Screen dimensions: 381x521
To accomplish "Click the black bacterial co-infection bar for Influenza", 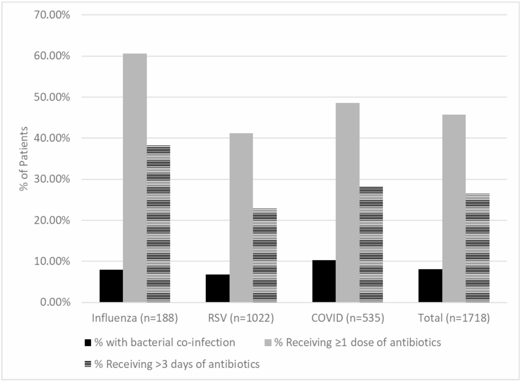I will [111, 286].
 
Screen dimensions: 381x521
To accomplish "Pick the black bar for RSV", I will [217, 288].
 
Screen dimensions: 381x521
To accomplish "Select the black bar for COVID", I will [324, 281].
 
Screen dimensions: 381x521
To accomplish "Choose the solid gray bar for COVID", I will [347, 202].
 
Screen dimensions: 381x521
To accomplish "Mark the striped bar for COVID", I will [371, 244].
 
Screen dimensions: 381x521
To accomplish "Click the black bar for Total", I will [430, 285].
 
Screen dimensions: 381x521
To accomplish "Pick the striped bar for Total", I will [477, 248].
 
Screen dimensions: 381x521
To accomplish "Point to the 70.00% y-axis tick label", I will [52, 15].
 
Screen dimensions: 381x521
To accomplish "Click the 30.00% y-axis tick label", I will [52, 179].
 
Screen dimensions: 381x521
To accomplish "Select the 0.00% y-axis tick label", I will [55, 302].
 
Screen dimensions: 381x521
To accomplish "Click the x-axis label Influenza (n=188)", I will [135, 318].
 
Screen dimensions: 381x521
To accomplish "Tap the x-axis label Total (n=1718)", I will [454, 318].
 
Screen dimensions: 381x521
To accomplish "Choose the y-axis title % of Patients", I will [24, 159].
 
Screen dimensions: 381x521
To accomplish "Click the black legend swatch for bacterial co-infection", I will [88, 343].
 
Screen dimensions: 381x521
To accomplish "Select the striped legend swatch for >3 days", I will [88, 364].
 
